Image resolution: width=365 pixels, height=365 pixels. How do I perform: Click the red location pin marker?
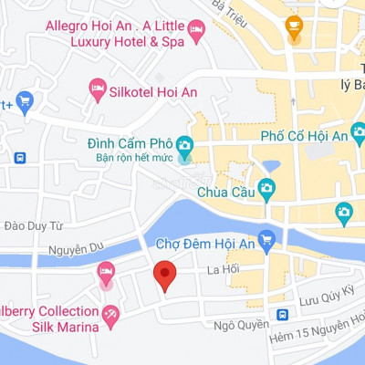tap(164, 274)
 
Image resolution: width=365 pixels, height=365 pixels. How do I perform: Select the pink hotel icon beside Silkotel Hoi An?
tap(98, 88)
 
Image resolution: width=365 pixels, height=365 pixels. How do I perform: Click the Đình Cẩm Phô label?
tap(128, 144)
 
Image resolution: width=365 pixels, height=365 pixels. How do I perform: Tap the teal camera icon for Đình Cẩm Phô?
tap(184, 145)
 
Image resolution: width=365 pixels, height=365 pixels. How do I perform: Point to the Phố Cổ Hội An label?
tap(304, 136)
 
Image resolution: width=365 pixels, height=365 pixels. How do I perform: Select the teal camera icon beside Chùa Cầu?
tap(266, 190)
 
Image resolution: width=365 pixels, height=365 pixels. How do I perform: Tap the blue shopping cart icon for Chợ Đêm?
tap(266, 241)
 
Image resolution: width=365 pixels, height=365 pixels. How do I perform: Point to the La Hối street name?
tap(222, 269)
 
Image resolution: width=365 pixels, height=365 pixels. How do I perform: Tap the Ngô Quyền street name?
tap(241, 324)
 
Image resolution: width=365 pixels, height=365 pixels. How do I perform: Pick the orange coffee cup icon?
tap(293, 26)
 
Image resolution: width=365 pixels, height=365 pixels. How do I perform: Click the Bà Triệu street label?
tap(230, 7)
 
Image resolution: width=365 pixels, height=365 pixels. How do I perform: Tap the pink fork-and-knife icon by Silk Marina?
tap(110, 313)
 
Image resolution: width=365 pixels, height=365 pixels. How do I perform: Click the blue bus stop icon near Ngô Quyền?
tap(283, 315)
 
